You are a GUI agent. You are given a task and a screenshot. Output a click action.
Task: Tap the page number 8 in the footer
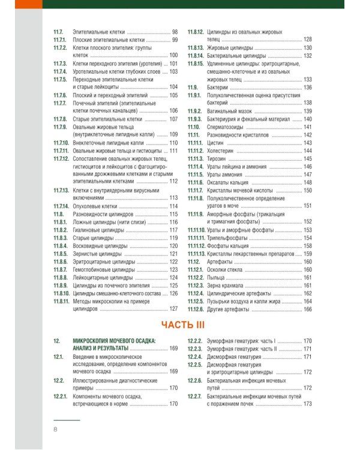coord(56,429)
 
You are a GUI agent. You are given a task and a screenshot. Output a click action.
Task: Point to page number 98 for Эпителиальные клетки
coord(175,31)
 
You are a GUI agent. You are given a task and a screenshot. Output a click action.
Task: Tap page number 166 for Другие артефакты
coord(308,309)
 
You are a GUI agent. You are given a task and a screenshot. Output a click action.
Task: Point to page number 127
coord(174,309)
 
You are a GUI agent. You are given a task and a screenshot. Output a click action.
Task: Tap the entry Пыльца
coord(217,277)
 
